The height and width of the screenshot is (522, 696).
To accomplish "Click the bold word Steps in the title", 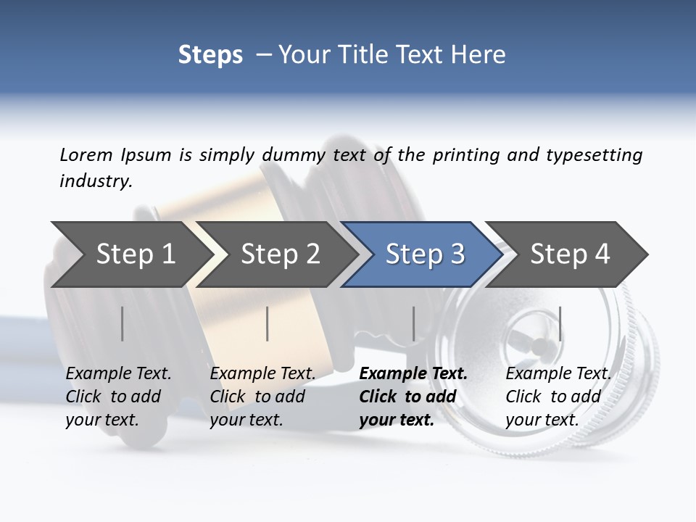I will [x=210, y=55].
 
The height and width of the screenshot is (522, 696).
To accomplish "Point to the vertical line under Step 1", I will [x=123, y=323].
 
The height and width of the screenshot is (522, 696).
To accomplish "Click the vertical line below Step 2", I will [x=268, y=323].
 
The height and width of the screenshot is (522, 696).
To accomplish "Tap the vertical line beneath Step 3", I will [x=414, y=323].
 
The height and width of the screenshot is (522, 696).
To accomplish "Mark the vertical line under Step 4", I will [x=560, y=323].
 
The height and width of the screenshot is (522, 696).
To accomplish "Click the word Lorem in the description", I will [x=86, y=154].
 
